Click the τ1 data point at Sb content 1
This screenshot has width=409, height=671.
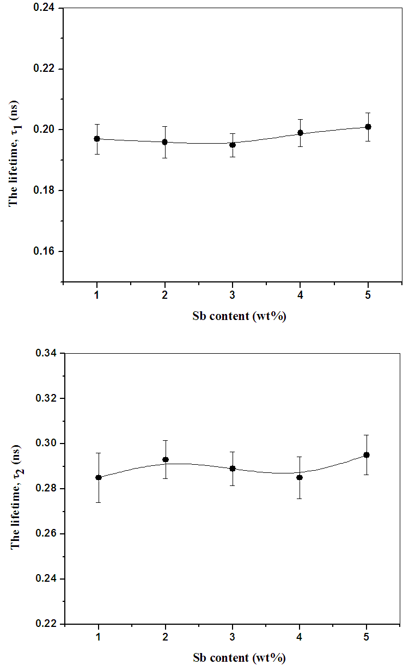point(97,139)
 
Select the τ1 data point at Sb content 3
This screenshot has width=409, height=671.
point(233,145)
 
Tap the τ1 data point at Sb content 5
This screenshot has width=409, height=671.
point(368,127)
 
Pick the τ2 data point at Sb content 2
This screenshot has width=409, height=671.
point(166,460)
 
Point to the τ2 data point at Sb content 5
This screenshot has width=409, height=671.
point(367,455)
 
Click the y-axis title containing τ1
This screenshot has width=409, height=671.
point(15,153)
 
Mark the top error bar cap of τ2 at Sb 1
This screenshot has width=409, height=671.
point(99,453)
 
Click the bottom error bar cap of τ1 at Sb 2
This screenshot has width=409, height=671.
point(164,158)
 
